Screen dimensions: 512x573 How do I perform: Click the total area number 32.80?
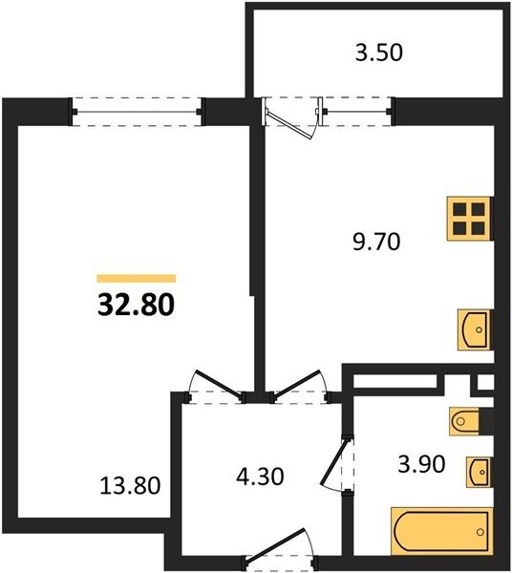click(x=136, y=305)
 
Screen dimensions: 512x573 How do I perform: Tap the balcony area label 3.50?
click(x=379, y=53)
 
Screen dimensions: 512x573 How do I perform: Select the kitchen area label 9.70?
click(x=376, y=242)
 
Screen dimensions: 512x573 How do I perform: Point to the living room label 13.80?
click(x=130, y=486)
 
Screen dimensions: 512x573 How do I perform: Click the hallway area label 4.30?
click(x=260, y=477)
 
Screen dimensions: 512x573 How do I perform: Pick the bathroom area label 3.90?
click(x=421, y=464)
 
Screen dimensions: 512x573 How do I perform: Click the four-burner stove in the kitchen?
click(x=469, y=219)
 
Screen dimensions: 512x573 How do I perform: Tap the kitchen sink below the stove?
click(x=475, y=329)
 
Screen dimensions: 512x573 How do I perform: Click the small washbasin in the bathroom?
click(x=479, y=472)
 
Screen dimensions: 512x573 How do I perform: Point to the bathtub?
click(x=442, y=532)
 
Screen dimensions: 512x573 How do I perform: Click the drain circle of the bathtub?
click(x=480, y=532)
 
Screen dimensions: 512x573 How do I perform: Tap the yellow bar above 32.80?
click(x=137, y=279)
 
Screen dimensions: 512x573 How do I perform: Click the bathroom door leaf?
click(x=333, y=462)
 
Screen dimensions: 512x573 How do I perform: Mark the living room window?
click(x=136, y=112)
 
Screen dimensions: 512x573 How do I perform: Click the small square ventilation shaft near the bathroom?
click(x=485, y=382)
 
